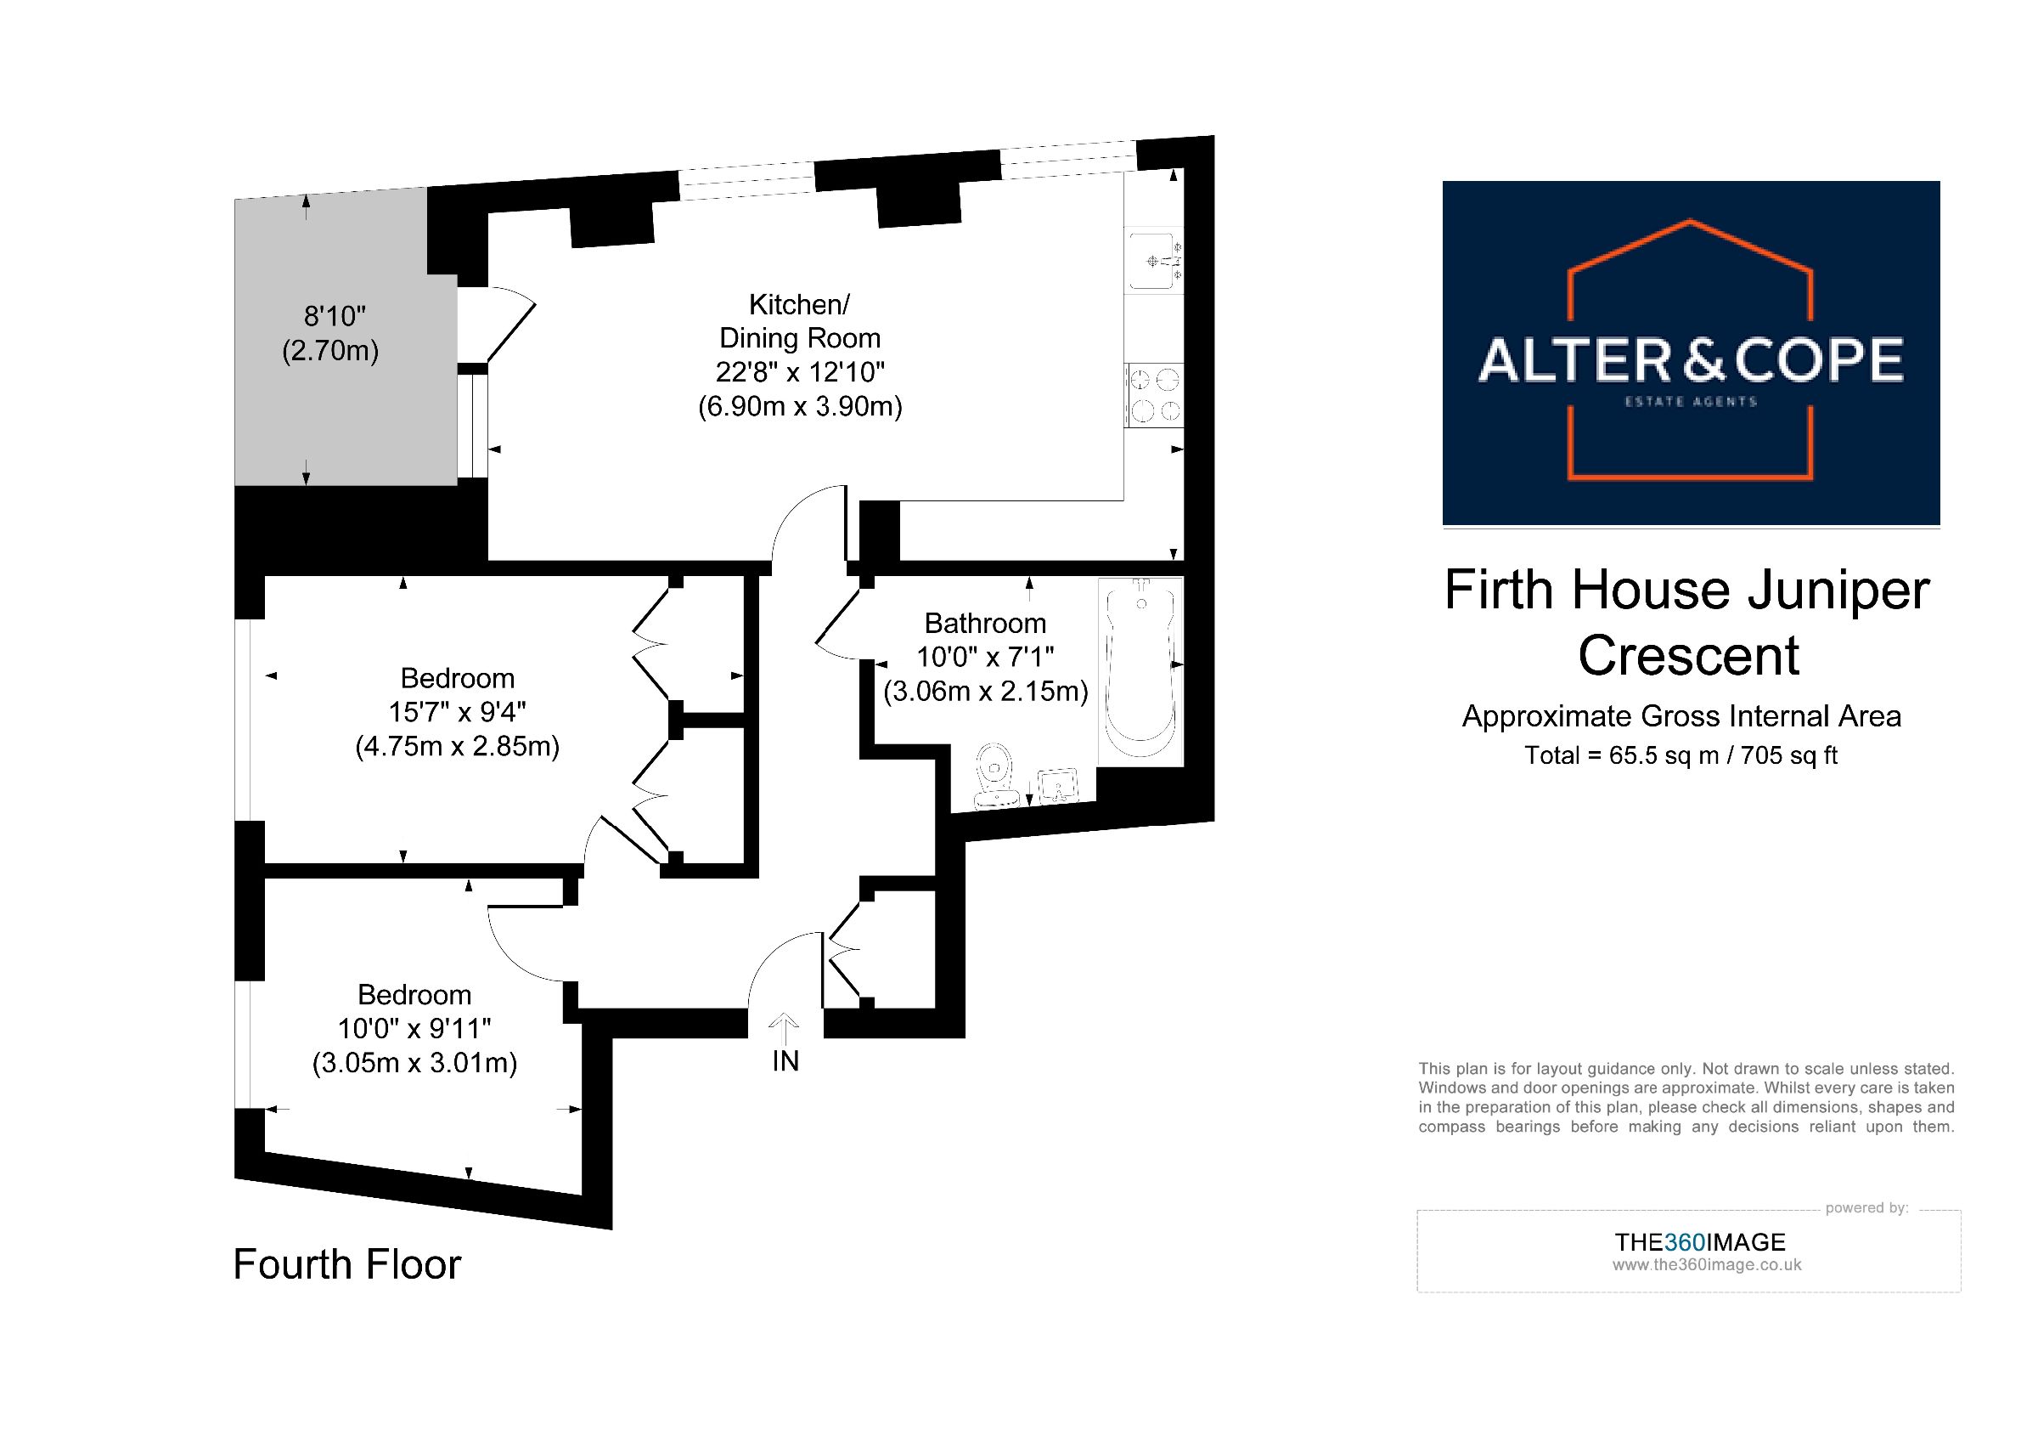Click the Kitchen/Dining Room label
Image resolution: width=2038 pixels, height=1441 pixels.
pos(800,321)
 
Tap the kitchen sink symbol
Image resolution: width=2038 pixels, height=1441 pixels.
pos(1154,260)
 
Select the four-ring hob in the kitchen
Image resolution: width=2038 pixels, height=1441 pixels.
pos(1154,396)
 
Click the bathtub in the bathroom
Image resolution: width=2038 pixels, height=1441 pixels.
pos(1140,672)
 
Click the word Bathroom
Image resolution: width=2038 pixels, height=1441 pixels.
pos(985,624)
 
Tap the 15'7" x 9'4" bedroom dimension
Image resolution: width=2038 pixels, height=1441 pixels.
pos(457,712)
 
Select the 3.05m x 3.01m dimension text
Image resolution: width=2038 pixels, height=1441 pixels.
pos(414,1063)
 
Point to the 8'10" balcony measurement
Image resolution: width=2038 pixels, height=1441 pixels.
pos(335,316)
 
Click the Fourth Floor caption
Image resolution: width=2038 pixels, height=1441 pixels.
pos(347,1264)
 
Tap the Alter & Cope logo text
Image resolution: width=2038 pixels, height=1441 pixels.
pos(1691,360)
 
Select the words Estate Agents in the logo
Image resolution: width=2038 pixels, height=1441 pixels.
pos(1691,401)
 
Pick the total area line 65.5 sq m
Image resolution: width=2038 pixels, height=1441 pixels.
pos(1681,755)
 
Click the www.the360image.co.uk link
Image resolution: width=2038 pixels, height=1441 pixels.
pos(1707,1265)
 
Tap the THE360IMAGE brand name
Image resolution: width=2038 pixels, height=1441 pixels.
pos(1700,1242)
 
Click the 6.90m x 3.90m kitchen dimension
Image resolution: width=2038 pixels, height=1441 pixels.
pos(800,407)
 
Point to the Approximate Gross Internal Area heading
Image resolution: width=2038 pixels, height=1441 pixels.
pos(1681,715)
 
